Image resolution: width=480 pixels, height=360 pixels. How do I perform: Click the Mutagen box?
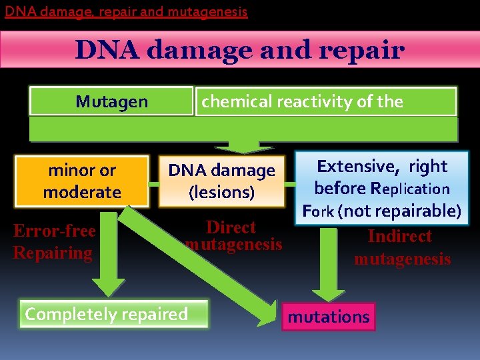111,101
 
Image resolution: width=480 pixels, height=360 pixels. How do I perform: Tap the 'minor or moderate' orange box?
82,181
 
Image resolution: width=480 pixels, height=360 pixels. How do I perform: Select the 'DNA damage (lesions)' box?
221,181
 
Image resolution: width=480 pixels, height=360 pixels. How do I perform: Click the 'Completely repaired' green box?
107,314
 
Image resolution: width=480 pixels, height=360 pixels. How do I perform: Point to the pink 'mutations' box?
328,317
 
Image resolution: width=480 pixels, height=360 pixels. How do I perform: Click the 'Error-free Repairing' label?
55,242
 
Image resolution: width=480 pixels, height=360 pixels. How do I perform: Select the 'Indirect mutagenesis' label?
401,247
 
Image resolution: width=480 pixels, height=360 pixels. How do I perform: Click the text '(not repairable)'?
399,211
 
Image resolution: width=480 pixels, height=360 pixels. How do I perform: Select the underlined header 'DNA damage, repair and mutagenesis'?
126,11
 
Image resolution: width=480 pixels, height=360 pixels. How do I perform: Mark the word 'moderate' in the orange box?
82,193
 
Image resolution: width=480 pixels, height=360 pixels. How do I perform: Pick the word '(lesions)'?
221,193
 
